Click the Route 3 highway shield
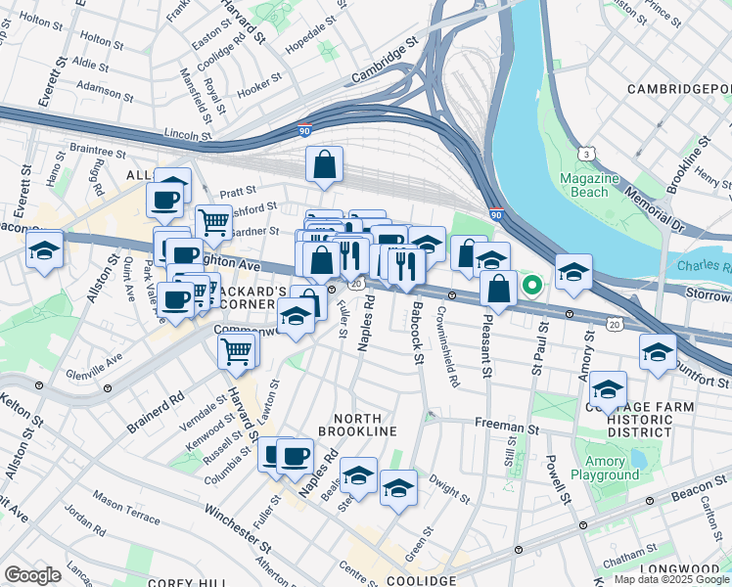coord(584,154)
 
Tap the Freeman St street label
coord(506,427)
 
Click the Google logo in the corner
coord(32,574)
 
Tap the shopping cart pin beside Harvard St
coord(237,349)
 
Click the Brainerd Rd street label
coord(156,413)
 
